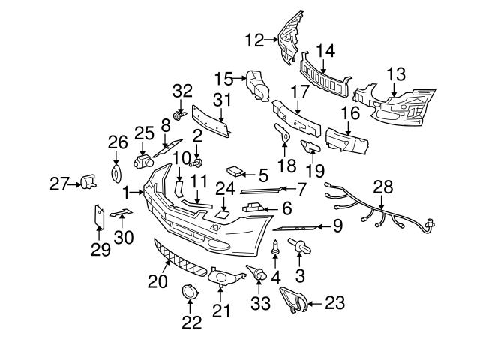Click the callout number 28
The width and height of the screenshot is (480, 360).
pyautogui.click(x=382, y=186)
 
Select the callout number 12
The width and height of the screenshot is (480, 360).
pyautogui.click(x=255, y=39)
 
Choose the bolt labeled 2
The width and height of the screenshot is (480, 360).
pyautogui.click(x=196, y=159)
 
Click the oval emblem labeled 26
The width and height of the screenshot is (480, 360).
pyautogui.click(x=115, y=173)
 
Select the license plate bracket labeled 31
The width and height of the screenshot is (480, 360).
pyautogui.click(x=211, y=120)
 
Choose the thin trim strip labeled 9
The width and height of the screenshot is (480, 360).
pyautogui.click(x=296, y=227)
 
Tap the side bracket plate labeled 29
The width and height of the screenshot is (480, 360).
pyautogui.click(x=98, y=218)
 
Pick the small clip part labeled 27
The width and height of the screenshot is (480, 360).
pyautogui.click(x=88, y=181)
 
